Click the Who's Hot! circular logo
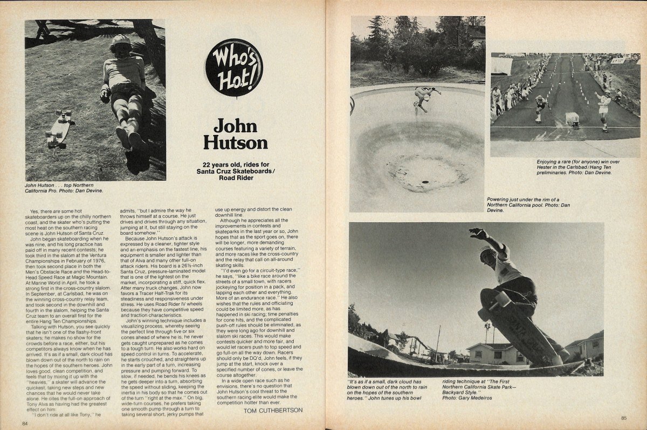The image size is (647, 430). pos(233,67)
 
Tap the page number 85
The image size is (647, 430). pos(623,417)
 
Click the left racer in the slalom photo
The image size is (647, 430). pos(539,107)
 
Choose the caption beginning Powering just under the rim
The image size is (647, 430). pos(528,204)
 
